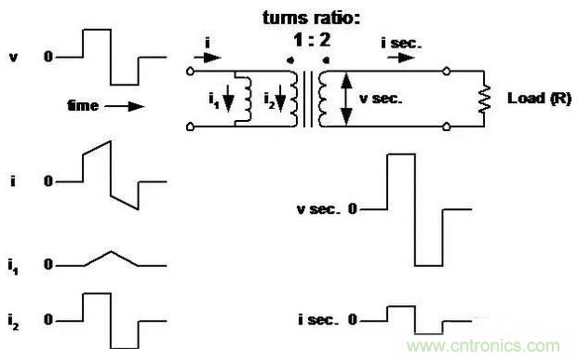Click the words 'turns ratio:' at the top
coord(311,18)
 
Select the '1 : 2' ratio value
coord(312,40)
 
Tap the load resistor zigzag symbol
coord(484,99)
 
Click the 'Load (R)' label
coord(539,98)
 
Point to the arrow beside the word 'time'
coord(124,106)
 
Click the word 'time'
coord(83,106)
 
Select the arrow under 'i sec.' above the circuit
coord(401,58)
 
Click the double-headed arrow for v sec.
coord(345,99)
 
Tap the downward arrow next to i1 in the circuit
coord(229,99)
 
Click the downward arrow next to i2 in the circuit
coord(280,99)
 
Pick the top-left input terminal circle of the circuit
coord(190,71)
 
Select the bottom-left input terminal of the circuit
coord(190,127)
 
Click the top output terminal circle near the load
coord(446,71)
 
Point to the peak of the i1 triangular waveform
coord(111,252)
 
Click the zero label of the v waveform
coord(48,57)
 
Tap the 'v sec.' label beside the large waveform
coord(317,209)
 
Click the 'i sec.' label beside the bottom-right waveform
coord(318,319)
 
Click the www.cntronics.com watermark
coord(483,346)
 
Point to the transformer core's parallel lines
coord(308,99)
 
